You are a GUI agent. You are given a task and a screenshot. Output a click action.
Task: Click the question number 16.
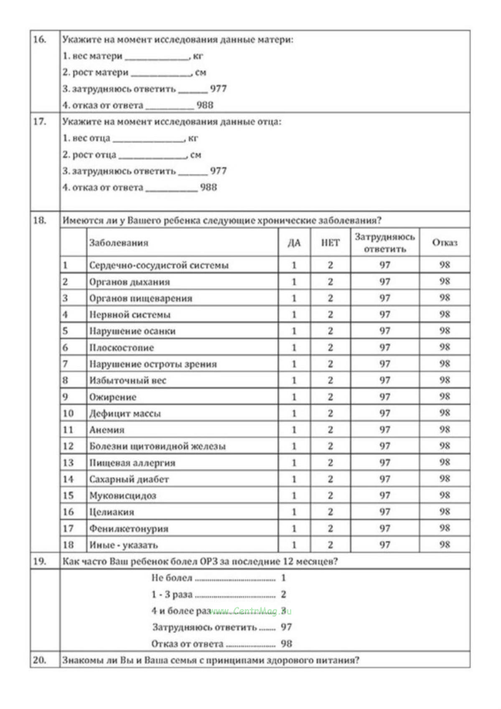pyautogui.click(x=40, y=40)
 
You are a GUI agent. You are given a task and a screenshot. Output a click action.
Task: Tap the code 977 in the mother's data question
pyautogui.click(x=218, y=89)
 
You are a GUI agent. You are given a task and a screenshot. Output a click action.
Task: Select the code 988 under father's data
pyautogui.click(x=209, y=187)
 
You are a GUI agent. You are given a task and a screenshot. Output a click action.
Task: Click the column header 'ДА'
pyautogui.click(x=294, y=243)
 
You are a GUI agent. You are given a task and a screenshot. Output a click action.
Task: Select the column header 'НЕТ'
pyautogui.click(x=330, y=243)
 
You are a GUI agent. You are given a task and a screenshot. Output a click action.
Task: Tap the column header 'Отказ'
pyautogui.click(x=445, y=243)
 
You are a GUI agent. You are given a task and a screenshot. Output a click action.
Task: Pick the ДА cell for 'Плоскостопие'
pyautogui.click(x=294, y=347)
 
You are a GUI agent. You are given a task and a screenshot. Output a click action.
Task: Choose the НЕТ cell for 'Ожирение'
pyautogui.click(x=330, y=397)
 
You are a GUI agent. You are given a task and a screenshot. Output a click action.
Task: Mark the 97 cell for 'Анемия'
pyautogui.click(x=384, y=430)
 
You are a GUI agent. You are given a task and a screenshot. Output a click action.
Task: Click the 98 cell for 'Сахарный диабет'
pyautogui.click(x=445, y=479)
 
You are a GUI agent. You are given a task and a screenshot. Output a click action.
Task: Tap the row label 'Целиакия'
pyautogui.click(x=112, y=512)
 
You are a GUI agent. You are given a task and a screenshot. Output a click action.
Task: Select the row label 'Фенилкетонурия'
pyautogui.click(x=129, y=528)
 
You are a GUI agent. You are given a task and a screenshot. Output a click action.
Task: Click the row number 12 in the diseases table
pyautogui.click(x=68, y=446)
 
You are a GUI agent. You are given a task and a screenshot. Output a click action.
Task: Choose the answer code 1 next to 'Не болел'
pyautogui.click(x=283, y=578)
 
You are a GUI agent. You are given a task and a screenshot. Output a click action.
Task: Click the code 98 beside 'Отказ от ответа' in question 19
pyautogui.click(x=286, y=644)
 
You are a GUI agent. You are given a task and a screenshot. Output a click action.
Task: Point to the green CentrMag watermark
pyautogui.click(x=251, y=611)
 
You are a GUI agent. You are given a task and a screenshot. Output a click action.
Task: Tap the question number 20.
pyautogui.click(x=40, y=660)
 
